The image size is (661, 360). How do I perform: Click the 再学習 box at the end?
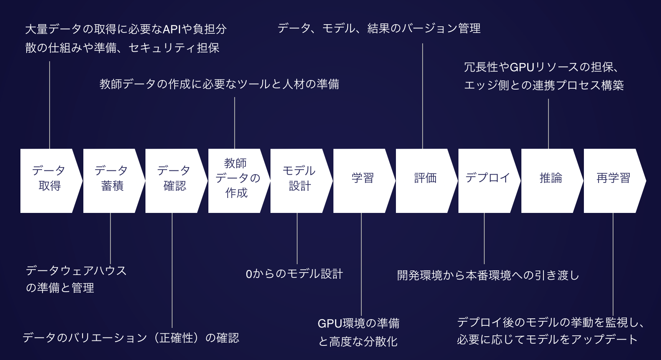pyautogui.click(x=613, y=181)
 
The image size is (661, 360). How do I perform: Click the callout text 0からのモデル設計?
pyautogui.click(x=294, y=274)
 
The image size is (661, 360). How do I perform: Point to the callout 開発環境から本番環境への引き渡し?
pyautogui.click(x=488, y=275)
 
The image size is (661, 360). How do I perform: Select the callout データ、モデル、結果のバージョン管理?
pyautogui.click(x=379, y=29)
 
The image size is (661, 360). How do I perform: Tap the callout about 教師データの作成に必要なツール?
pyautogui.click(x=219, y=85)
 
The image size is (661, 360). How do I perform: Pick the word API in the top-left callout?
pyautogui.click(x=172, y=29)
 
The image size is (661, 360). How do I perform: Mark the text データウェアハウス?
pyautogui.click(x=76, y=271)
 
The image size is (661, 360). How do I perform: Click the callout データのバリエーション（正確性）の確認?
pyautogui.click(x=131, y=338)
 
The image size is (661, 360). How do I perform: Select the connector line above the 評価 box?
pyautogui.click(x=423, y=96)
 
